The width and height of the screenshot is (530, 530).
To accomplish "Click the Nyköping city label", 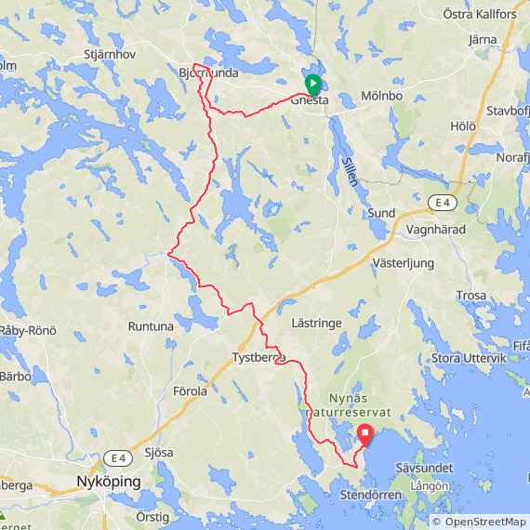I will (x=108, y=483).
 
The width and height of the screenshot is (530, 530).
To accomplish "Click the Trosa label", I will (x=471, y=296).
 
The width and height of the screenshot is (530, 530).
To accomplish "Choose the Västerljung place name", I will (x=403, y=263).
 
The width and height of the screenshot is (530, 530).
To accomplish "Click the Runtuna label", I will (x=151, y=326).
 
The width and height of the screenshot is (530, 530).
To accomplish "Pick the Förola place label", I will (x=190, y=391).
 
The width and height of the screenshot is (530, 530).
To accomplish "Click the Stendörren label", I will (x=370, y=496).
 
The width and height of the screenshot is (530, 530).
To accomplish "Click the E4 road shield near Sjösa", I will (x=115, y=457).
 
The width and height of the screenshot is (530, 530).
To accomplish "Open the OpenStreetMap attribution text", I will (x=479, y=522).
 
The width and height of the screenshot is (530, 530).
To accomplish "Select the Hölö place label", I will (x=463, y=125).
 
